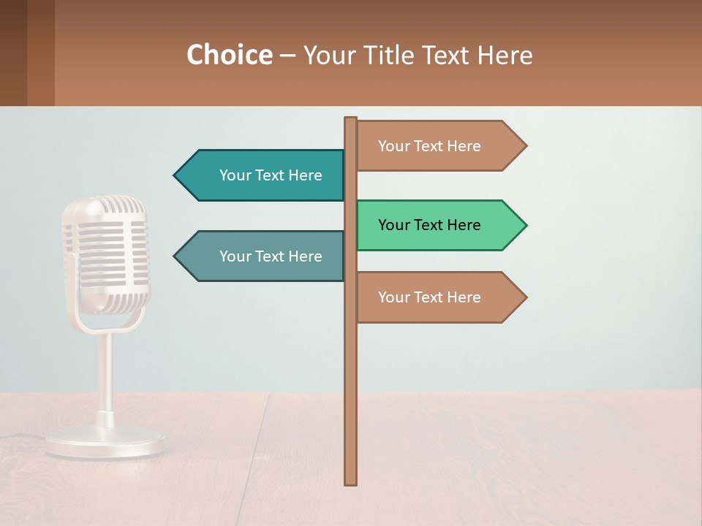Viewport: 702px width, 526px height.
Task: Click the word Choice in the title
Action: coord(229,56)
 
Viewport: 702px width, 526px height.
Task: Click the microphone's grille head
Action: coord(105,248)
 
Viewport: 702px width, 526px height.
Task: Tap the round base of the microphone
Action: coord(105,442)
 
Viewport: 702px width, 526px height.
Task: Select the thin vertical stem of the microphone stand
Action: coord(105,373)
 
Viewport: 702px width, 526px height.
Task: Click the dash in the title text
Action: coord(287,56)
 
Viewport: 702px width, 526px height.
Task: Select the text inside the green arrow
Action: coord(429,225)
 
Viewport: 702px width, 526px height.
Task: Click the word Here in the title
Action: coord(505,56)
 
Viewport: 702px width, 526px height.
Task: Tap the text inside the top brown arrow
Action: coord(429,146)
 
